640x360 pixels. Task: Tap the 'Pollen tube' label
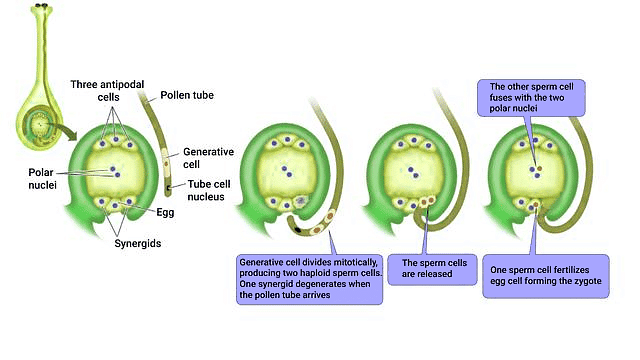(x=185, y=96)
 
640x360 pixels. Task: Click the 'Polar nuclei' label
(x=48, y=177)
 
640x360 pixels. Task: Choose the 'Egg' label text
(x=166, y=212)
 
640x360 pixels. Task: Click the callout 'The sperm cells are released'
(x=425, y=269)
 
